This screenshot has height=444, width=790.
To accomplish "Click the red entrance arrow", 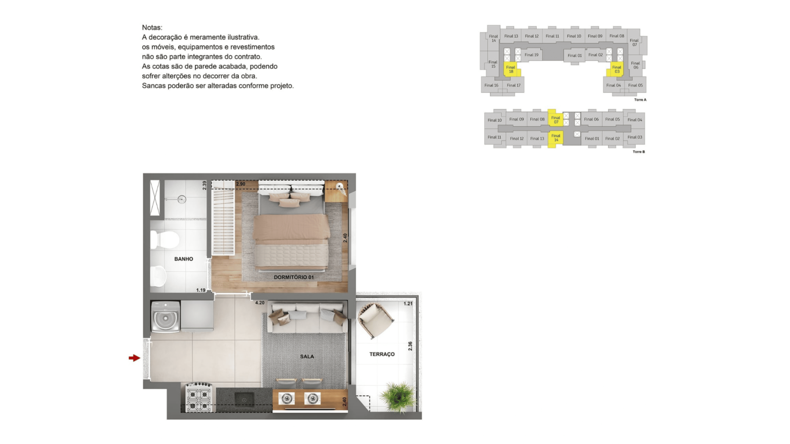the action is coord(134,358).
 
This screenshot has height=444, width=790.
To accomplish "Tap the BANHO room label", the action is coord(184,259).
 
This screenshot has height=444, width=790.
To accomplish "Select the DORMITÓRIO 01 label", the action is coord(294,277).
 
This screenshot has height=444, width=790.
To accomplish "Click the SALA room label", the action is coord(307,356).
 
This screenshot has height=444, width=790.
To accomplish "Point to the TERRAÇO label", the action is coord(382,354).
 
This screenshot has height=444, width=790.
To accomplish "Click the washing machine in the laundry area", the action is coord(165,317).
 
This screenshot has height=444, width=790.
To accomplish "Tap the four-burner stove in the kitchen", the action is coord(199,398).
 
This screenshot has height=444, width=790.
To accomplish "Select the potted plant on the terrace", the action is coord(398,397).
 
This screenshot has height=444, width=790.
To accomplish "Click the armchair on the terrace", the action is coord(375,320).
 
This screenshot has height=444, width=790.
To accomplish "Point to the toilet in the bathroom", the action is coord(165,240).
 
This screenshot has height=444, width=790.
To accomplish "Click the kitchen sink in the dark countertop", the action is coord(244,399).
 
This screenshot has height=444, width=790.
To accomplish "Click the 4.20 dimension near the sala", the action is coord(260,303).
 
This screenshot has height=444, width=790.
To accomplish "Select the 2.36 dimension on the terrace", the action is coord(410,346).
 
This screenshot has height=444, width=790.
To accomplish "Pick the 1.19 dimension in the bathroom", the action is coord(201,290).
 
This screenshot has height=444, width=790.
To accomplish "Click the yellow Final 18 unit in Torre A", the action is coord(511,69).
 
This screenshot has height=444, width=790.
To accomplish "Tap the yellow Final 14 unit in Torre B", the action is coord(556,138).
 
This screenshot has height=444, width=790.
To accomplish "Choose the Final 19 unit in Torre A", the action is coord(531,55).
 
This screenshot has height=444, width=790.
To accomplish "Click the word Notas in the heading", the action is coord(152,28).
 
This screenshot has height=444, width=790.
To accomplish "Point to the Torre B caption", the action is coord(639,152).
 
